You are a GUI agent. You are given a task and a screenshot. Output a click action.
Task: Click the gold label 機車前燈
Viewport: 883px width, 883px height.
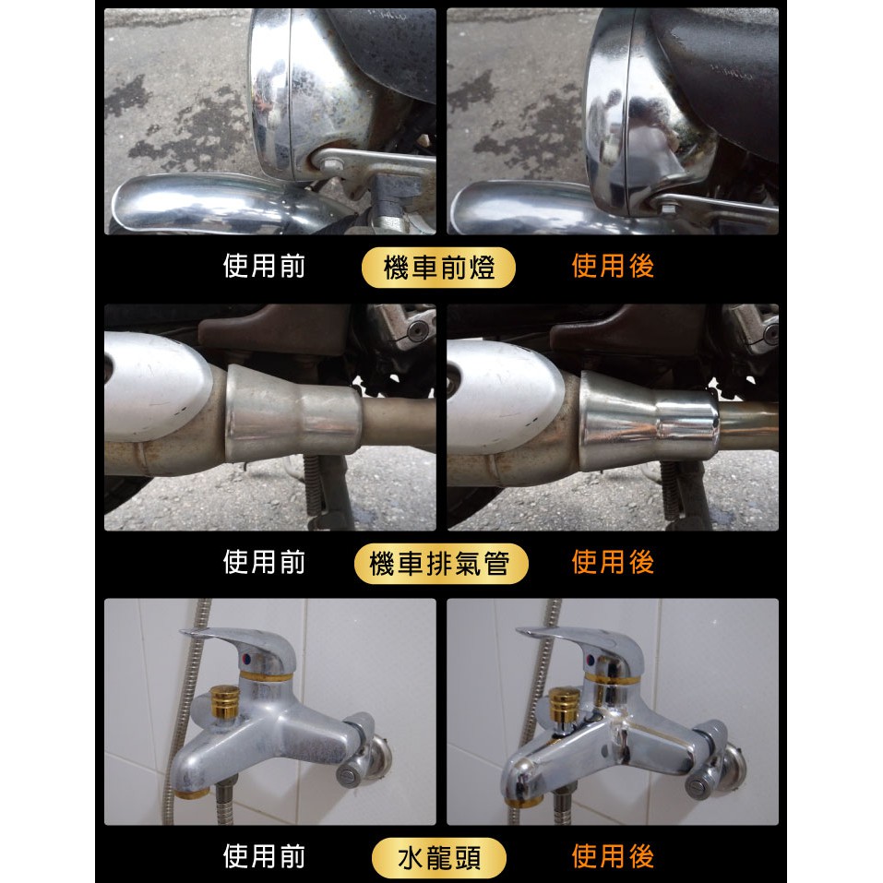(x=438, y=268)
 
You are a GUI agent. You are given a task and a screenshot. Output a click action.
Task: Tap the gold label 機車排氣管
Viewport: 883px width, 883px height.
(x=441, y=563)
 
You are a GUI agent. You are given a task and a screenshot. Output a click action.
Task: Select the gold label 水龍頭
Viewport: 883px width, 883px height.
(x=439, y=858)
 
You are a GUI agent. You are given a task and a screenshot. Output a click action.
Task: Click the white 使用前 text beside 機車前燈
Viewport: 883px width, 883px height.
(x=264, y=267)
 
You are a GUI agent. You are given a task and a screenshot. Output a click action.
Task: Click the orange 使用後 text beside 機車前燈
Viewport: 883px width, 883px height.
(x=613, y=267)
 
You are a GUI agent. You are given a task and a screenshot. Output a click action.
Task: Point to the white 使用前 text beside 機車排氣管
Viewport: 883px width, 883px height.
(x=264, y=562)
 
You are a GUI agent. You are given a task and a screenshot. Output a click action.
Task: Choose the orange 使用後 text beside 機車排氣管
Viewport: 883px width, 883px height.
(x=613, y=562)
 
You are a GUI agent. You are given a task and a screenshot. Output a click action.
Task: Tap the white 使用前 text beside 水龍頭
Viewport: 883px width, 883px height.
(x=264, y=856)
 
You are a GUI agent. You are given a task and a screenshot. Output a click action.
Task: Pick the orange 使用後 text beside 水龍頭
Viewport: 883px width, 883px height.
(x=613, y=856)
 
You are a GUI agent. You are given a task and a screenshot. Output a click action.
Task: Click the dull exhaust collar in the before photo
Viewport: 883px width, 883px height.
(x=292, y=414)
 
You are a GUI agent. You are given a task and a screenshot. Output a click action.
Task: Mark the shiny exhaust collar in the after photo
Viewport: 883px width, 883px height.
(x=649, y=422)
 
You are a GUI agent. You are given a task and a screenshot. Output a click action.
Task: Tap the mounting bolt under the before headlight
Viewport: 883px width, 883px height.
(x=330, y=164)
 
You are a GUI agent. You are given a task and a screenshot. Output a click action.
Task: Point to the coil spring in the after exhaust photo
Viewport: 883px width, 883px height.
(x=671, y=490)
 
